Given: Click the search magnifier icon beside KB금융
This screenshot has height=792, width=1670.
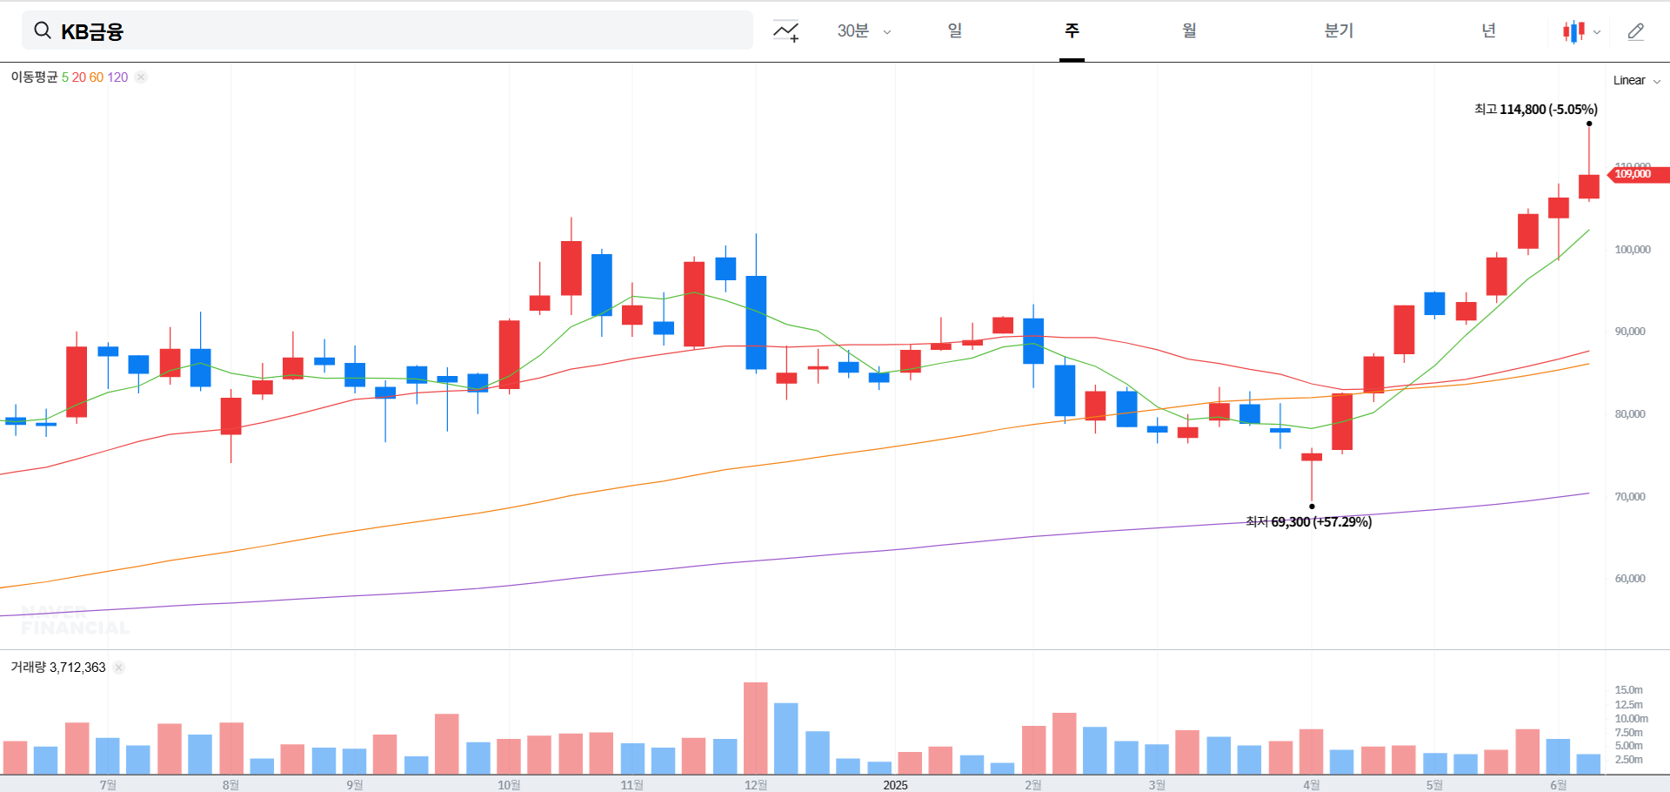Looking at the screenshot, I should pos(42,31).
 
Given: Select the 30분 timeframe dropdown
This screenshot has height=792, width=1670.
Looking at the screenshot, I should pos(863,31).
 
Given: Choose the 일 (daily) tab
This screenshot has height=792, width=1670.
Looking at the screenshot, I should pos(955,31).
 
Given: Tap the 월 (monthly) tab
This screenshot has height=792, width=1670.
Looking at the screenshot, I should pos(1189,31).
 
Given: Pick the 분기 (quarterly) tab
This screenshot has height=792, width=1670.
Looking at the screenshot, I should pos(1339,31).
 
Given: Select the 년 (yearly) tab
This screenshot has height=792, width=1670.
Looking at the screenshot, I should pos(1488,31).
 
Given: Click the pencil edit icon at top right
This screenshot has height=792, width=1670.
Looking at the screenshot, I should pos(1635,32).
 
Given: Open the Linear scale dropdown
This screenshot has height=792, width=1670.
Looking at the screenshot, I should pos(1636,81).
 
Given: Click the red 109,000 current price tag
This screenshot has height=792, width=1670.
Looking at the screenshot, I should pos(1635,174).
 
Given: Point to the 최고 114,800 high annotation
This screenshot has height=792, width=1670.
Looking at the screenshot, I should pos(1535,110).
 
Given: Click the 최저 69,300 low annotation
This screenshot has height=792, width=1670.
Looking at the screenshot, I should pos(1308,522).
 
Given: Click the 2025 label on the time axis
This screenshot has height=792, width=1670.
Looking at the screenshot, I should pos(895,785).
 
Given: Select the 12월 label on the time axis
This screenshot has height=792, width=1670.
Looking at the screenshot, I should pos(756,785).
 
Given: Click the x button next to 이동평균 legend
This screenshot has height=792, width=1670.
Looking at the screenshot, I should pos(141,77).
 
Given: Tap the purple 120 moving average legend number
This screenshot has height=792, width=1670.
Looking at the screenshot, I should pos(117,77).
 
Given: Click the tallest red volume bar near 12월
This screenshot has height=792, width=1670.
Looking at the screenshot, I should pos(756,728).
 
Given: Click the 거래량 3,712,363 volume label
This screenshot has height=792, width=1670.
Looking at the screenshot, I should pos(58,668).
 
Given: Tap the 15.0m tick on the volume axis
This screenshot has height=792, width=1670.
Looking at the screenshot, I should pos(1628,690).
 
